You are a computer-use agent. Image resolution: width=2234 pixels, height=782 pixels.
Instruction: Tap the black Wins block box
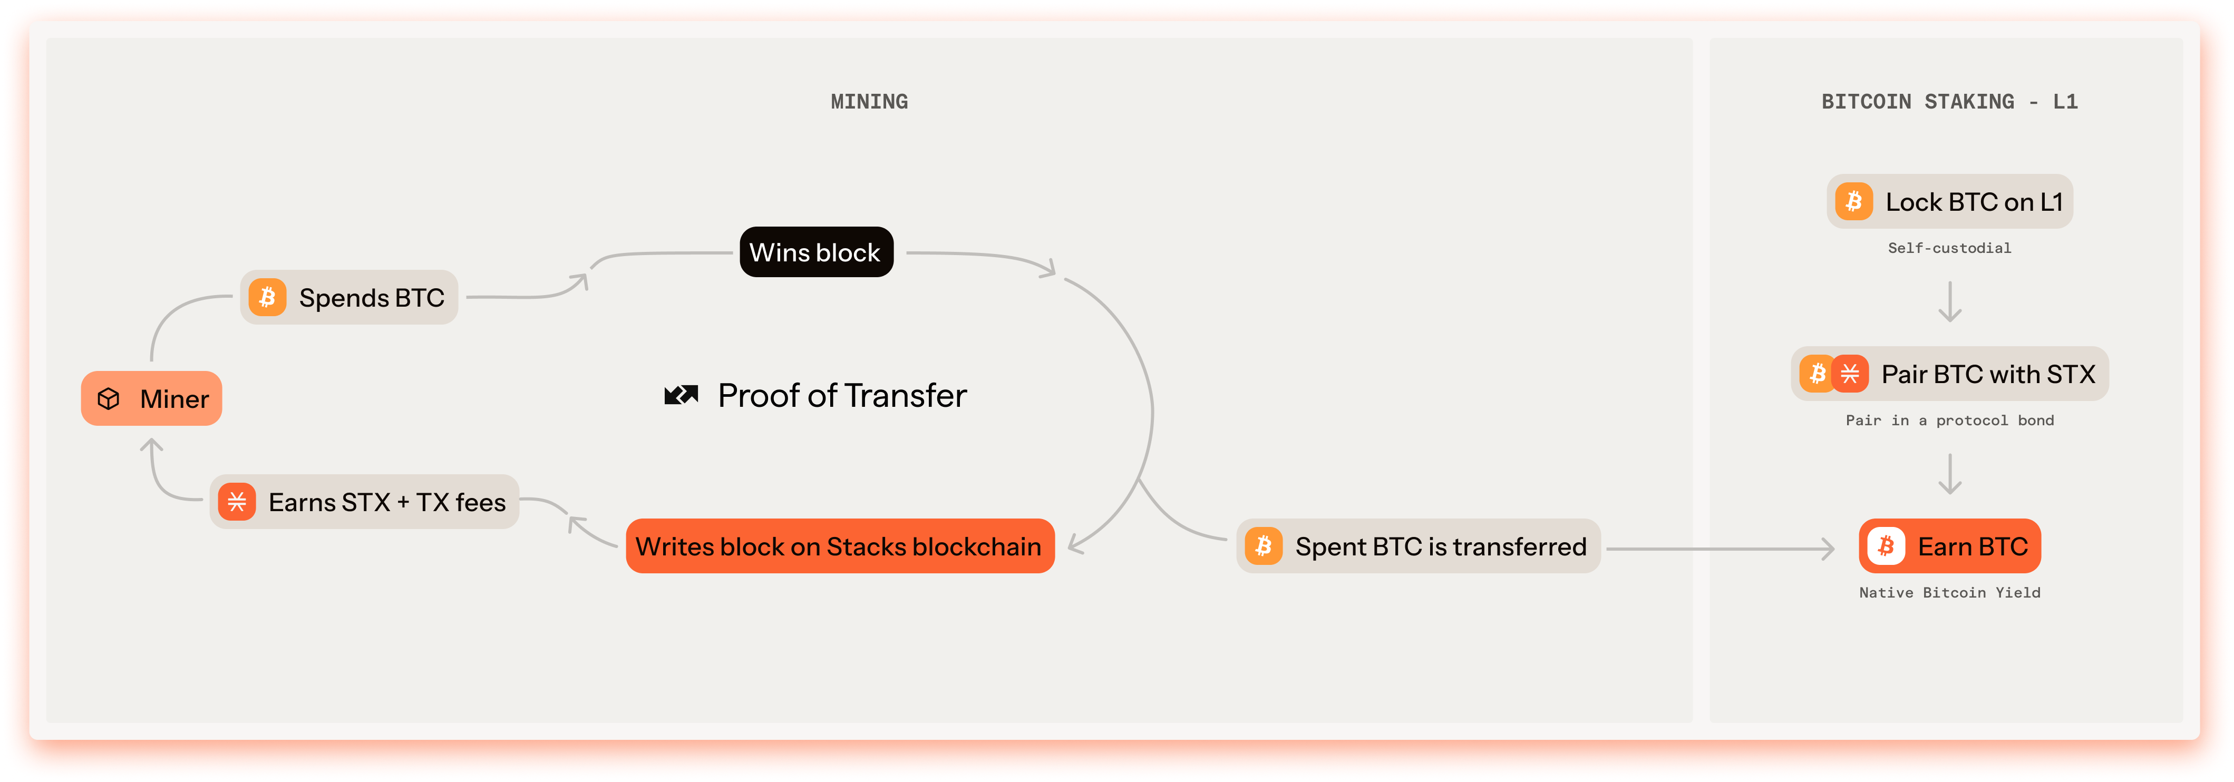(816, 252)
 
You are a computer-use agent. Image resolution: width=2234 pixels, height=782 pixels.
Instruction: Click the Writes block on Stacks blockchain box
(840, 546)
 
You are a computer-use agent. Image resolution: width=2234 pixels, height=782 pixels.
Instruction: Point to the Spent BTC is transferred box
(1418, 546)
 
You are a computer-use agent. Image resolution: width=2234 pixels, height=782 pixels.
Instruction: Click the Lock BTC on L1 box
(1949, 202)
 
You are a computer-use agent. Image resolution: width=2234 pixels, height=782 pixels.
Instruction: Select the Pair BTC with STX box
(1949, 374)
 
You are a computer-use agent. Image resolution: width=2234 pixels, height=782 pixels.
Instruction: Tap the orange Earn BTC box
(1949, 546)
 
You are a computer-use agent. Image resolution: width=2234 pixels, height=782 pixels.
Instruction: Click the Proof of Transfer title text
(842, 395)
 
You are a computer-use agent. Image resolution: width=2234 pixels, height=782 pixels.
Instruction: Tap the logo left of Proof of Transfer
(681, 395)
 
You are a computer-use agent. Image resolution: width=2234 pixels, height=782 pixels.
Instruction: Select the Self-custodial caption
(1949, 248)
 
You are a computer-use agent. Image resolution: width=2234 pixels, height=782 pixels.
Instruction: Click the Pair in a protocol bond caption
(1949, 421)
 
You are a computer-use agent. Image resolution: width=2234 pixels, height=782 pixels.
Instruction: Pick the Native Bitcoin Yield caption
(1949, 593)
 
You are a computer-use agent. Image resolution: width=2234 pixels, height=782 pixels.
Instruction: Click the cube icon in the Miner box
(109, 399)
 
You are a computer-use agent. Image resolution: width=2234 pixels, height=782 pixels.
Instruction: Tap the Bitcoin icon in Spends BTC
(267, 297)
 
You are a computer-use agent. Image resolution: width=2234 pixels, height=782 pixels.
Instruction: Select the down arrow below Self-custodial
(1949, 302)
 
